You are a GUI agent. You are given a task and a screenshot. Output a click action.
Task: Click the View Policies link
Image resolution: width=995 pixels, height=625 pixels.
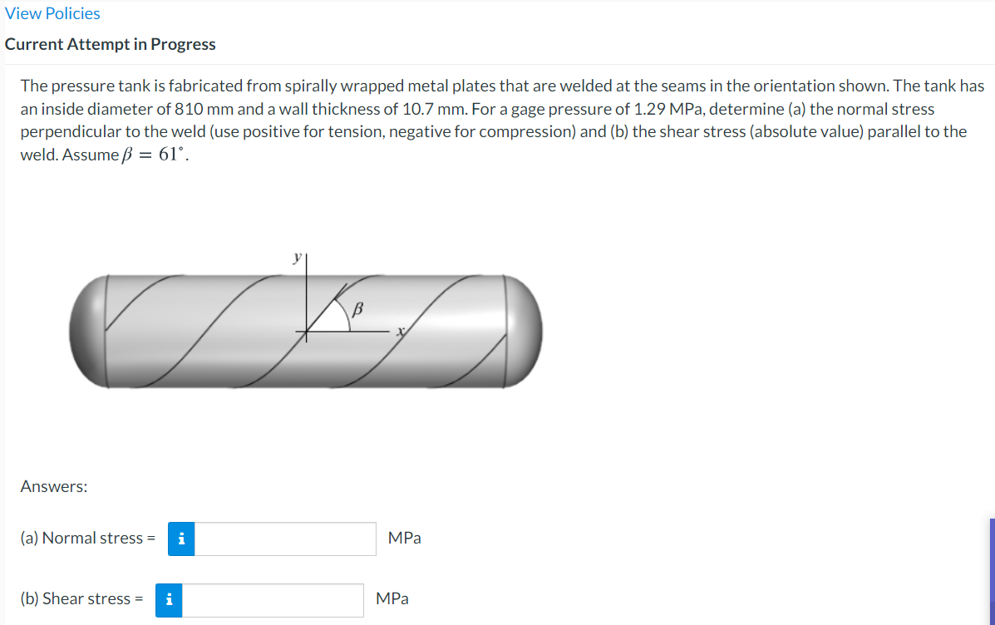pos(52,13)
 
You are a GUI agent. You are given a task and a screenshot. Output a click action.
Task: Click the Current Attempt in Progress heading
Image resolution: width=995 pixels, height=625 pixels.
pos(110,44)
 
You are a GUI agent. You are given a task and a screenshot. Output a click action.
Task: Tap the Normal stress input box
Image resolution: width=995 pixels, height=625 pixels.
pos(285,539)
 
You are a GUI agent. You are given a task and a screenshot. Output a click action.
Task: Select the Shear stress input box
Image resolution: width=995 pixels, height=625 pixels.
pos(273,600)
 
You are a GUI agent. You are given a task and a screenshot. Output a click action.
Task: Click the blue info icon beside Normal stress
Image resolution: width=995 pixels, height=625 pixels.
pos(181,539)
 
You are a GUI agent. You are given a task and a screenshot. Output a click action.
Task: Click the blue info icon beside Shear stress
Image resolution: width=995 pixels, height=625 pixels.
pos(169,600)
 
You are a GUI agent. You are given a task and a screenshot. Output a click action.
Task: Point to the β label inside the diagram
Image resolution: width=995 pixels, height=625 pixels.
pos(357,309)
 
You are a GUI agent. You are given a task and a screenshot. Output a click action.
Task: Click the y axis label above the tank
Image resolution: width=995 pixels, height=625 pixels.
pos(297,258)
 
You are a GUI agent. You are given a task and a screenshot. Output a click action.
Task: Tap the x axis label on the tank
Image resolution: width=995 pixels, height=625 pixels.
pos(401,332)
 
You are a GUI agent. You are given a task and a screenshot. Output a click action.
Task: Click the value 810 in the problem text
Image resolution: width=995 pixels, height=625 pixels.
pos(189,109)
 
